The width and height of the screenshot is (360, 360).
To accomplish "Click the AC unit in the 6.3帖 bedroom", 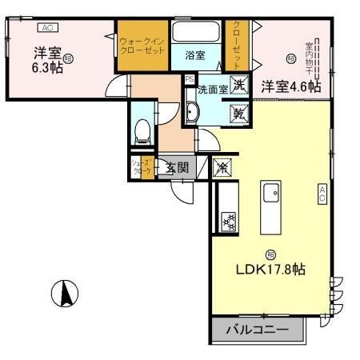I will click(46, 27).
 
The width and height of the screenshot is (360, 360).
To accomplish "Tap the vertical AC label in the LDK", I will click(322, 193).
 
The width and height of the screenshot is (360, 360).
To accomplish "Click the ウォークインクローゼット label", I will click(142, 44).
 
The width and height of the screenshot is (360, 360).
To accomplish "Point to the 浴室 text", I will click(195, 56).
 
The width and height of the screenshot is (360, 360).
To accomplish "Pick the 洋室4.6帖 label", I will click(292, 86).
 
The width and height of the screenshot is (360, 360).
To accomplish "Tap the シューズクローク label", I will click(139, 167).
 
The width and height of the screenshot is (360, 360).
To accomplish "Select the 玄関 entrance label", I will click(177, 168).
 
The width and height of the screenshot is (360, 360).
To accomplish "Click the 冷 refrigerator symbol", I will click(222, 167).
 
